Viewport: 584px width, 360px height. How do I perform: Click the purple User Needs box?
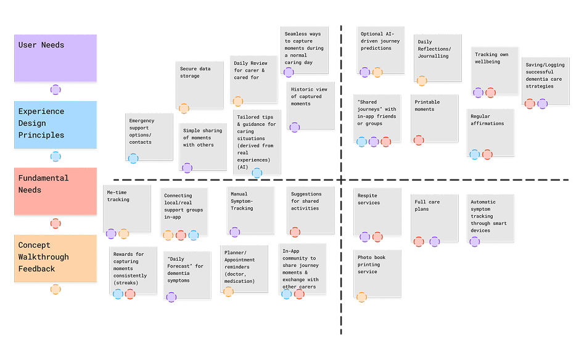coord(56,59)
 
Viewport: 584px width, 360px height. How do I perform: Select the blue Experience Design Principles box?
coord(56,125)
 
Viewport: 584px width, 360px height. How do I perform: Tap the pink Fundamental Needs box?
coord(56,191)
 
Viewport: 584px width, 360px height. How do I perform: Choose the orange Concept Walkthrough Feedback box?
coord(56,258)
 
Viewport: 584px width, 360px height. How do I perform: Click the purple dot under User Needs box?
coord(56,89)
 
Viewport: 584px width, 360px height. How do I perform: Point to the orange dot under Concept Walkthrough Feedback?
coord(56,289)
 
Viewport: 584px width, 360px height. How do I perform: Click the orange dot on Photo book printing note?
coord(361,297)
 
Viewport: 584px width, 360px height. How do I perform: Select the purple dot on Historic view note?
coord(295,127)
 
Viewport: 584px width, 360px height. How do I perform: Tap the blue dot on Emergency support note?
coord(133,158)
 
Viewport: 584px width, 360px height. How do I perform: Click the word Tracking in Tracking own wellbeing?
coord(486,55)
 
